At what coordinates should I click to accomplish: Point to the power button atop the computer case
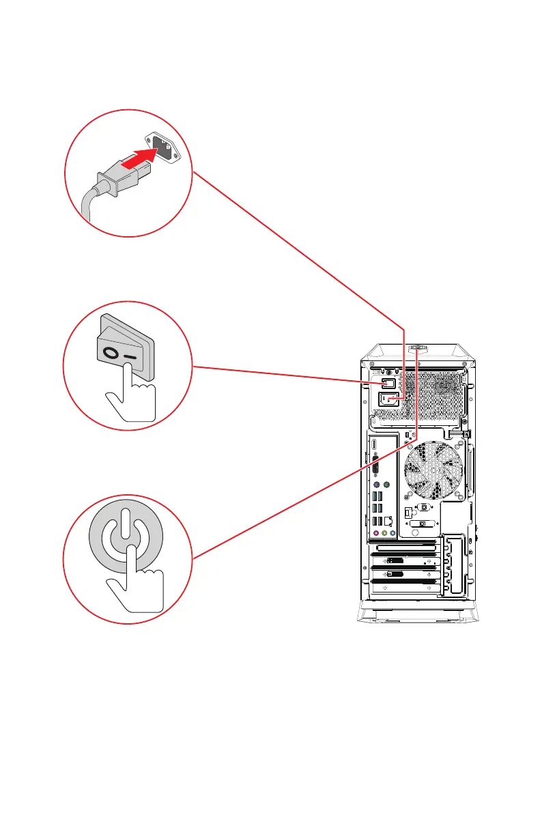tap(416, 350)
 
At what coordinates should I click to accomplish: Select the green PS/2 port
tap(386, 485)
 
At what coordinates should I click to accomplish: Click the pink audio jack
tap(375, 534)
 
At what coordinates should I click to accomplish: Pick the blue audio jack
tap(393, 534)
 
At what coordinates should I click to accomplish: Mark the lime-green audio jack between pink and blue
tap(384, 534)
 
